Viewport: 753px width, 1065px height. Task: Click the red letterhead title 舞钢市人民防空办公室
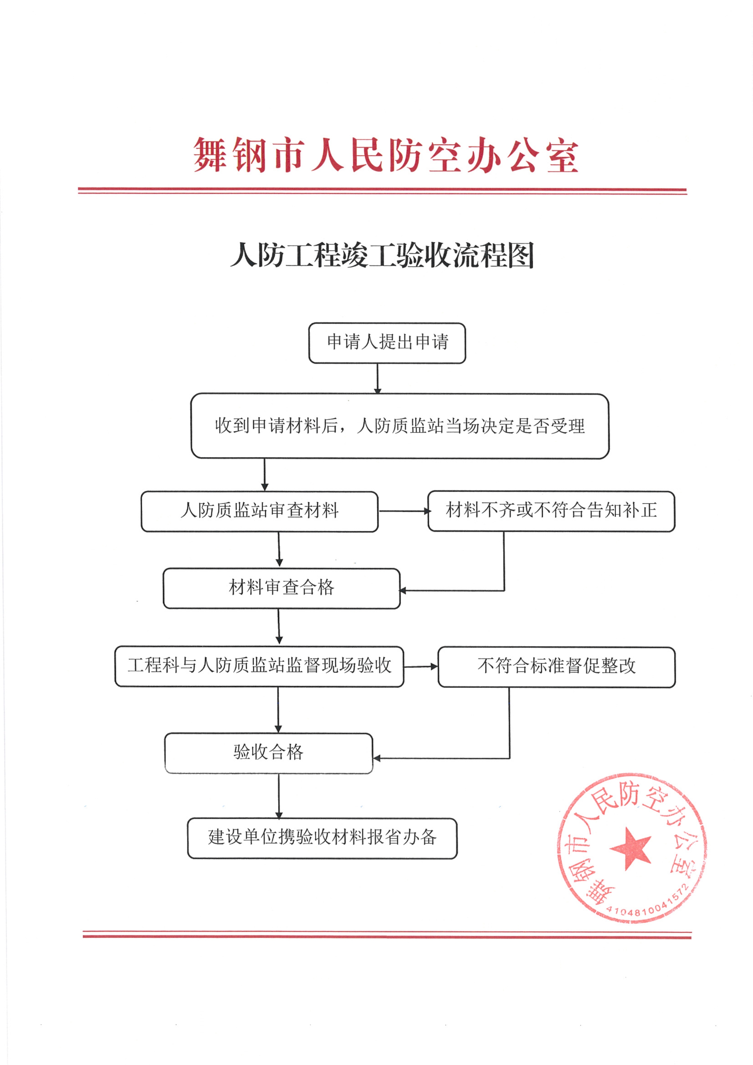(x=386, y=155)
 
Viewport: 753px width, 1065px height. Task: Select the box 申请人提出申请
(x=387, y=343)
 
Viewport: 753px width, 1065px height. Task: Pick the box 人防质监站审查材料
(x=260, y=512)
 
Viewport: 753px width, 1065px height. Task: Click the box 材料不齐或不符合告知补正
(x=551, y=511)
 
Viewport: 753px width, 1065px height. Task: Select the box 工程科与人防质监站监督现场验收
(x=259, y=667)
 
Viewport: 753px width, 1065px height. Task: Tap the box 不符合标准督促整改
(x=556, y=667)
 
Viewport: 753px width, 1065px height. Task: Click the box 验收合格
(x=269, y=753)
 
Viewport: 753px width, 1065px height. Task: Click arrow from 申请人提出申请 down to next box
(x=378, y=378)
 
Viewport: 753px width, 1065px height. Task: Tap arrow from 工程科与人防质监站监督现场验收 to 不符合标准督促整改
(x=421, y=667)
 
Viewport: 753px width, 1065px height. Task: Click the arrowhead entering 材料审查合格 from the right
(x=403, y=591)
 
